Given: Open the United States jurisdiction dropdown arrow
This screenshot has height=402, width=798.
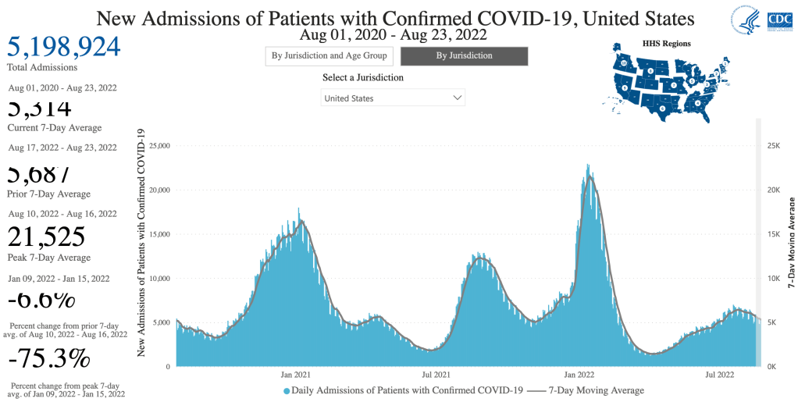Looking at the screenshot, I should point(458,98).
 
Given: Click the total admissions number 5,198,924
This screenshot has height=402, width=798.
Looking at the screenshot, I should point(64,47).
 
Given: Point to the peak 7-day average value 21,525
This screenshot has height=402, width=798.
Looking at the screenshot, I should point(46,237).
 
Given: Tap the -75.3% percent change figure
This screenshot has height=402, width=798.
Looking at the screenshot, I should point(49,358).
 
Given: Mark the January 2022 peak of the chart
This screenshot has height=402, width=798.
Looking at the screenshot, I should point(588,165).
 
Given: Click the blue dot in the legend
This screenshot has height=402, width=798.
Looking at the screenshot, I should point(287,390).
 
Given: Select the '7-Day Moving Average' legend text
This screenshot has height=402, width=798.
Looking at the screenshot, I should point(597,390).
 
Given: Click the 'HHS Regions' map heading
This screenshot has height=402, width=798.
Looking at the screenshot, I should point(665,44).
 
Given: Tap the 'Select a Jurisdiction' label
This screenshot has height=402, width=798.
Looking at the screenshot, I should point(362,78).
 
